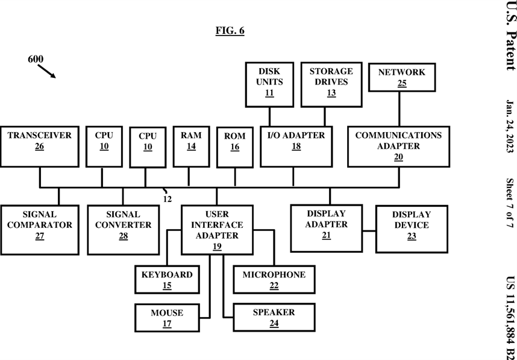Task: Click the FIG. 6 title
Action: (x=230, y=30)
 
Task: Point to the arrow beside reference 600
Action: (x=46, y=71)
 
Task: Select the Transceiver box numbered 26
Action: (x=40, y=147)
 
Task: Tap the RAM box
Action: (x=191, y=147)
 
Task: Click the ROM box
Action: (x=235, y=147)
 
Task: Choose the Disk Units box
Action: (x=269, y=84)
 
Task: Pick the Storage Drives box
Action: (x=331, y=84)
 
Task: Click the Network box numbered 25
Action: (x=401, y=77)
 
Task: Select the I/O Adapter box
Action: (x=296, y=147)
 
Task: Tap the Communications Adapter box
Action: (x=398, y=147)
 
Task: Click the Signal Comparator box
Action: (x=40, y=230)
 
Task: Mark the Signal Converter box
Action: (x=124, y=230)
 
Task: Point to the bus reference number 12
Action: (x=168, y=199)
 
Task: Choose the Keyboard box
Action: (x=167, y=279)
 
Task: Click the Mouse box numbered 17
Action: (x=167, y=318)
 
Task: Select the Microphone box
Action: (x=274, y=279)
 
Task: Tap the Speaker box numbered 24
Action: (x=274, y=317)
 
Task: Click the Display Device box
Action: (x=412, y=229)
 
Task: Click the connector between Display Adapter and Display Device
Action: (x=369, y=231)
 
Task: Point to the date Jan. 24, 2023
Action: (x=510, y=127)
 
